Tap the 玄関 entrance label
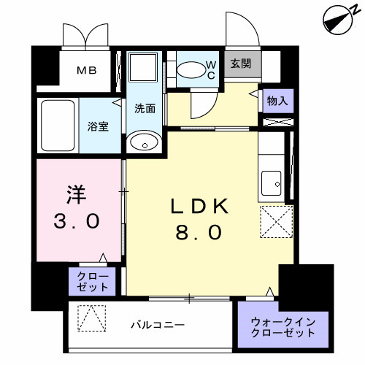241,64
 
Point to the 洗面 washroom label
145,109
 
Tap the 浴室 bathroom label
99,126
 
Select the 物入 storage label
277,101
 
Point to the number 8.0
198,234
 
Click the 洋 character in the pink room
77,195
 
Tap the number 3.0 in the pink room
76,220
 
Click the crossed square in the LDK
277,220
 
